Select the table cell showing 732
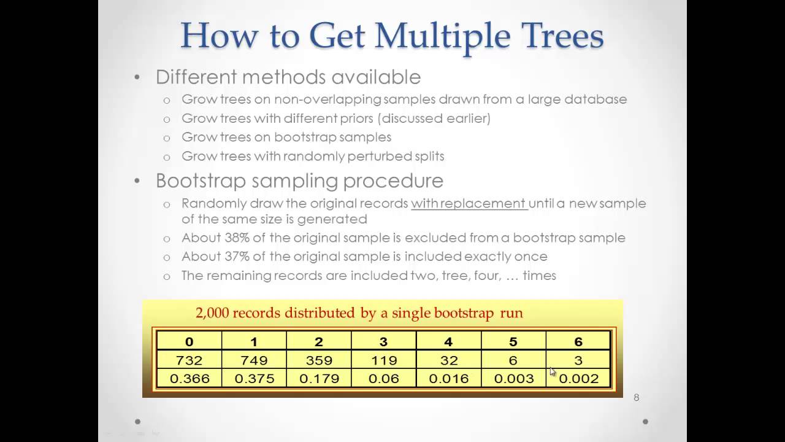189,360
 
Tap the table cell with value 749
254,360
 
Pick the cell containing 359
319,360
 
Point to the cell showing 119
384,360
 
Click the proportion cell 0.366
189,379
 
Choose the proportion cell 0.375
254,379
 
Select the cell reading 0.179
319,379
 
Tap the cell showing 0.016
449,379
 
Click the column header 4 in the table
448,342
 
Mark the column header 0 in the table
189,342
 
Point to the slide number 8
636,398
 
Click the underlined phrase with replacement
469,203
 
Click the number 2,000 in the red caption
212,313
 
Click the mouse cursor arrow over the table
553,371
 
